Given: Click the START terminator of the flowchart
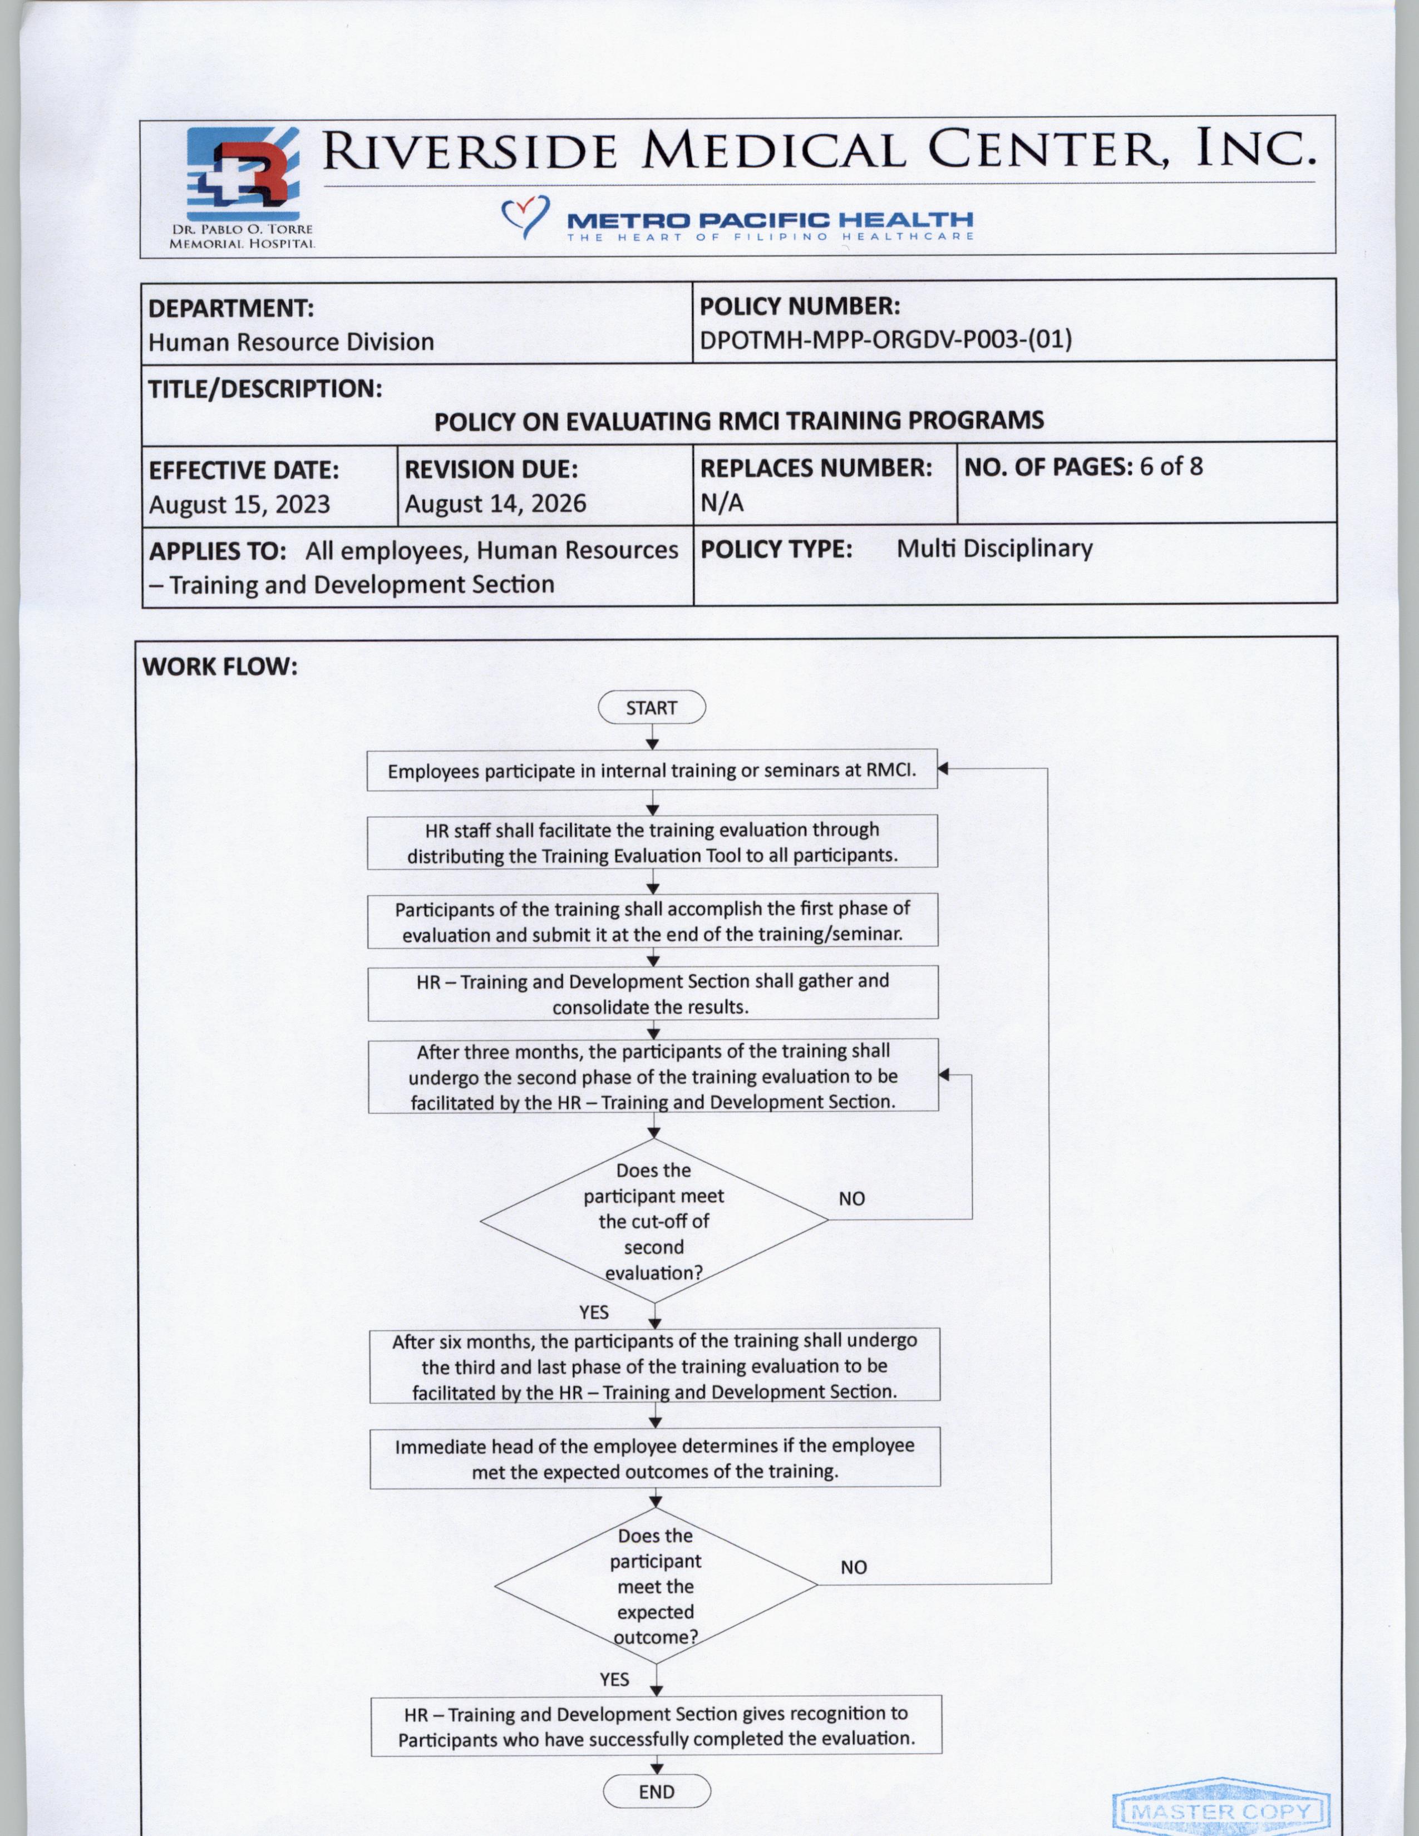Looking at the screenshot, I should tap(652, 708).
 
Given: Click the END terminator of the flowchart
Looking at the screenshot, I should tap(657, 1791).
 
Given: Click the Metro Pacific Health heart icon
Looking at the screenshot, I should tap(525, 216).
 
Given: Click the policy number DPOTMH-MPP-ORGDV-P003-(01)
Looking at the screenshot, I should tap(885, 339).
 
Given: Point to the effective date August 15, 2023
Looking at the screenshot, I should tap(240, 505).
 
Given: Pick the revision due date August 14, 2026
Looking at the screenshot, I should tap(495, 504).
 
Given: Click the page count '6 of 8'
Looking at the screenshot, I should tap(1171, 467).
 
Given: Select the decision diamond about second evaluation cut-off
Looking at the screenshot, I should tap(653, 1221).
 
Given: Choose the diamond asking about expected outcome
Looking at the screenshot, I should tap(656, 1586).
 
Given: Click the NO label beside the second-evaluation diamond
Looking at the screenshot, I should tap(851, 1199).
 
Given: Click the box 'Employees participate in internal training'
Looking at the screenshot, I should tap(652, 770).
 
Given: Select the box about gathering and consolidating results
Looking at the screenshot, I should tap(652, 994).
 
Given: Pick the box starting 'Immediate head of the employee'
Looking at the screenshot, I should tap(655, 1459).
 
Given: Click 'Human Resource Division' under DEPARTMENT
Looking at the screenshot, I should tap(291, 342).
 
